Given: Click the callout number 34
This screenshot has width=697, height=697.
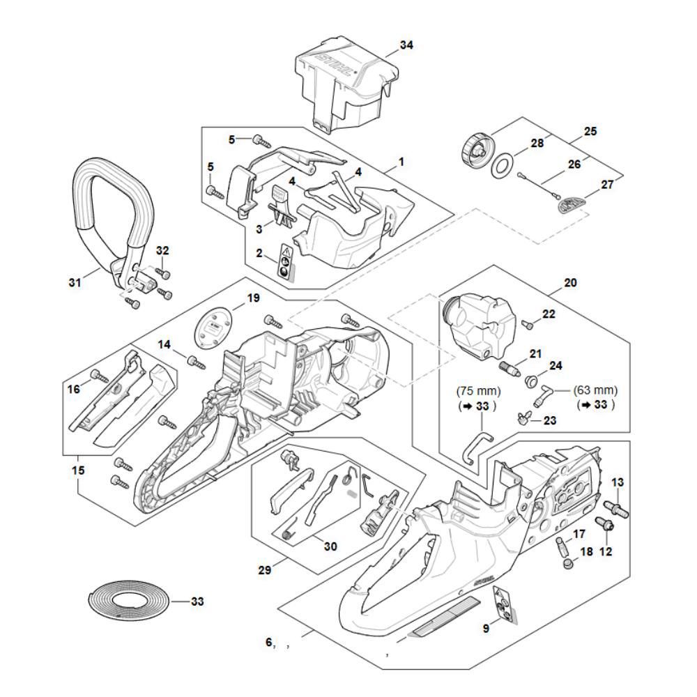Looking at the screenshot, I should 406,45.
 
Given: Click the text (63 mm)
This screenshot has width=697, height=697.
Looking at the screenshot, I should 595,390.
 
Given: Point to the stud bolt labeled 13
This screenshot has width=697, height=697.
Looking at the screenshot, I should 617,507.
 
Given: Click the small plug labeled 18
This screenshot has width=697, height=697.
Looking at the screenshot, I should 567,563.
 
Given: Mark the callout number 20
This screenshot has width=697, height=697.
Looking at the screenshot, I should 570,284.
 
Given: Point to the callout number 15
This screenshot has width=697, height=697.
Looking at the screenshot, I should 78,471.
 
